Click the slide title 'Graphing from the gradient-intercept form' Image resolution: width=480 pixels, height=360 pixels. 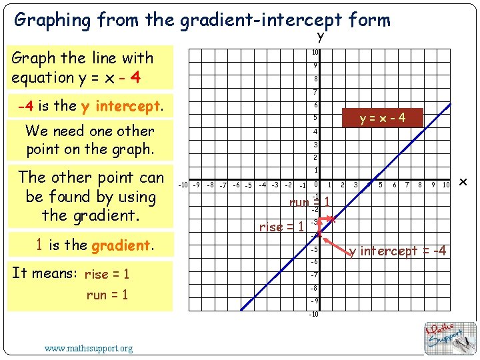pos(202,20)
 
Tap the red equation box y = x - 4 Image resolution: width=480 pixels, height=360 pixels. pos(382,118)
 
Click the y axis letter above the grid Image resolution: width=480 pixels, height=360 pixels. pos(321,36)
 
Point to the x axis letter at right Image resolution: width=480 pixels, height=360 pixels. pos(464,183)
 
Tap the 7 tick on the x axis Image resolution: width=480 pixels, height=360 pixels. pos(407,185)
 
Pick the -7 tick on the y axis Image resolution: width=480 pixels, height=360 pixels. pos(314,275)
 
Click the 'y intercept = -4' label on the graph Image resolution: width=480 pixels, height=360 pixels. pos(398,251)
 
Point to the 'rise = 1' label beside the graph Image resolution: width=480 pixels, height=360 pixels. pos(281,227)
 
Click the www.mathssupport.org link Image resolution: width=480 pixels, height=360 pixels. pos(89,348)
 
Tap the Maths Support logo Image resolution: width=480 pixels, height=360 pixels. pos(451,337)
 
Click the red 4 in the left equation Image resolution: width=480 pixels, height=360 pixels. pos(135,77)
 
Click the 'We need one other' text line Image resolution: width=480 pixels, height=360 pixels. pos(90,131)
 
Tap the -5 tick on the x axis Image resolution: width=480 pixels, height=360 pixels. pos(248,185)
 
